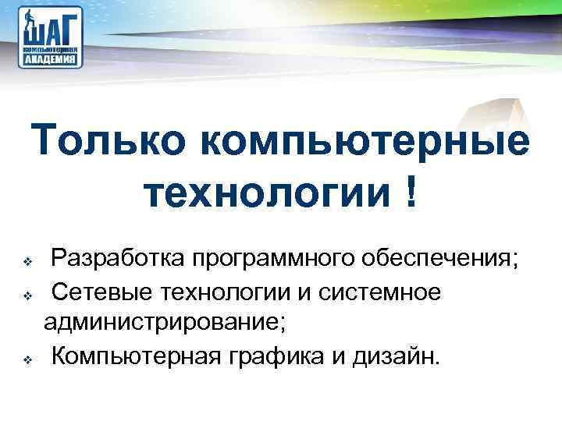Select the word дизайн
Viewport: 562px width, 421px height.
(402, 357)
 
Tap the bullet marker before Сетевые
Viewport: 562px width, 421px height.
(27, 295)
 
